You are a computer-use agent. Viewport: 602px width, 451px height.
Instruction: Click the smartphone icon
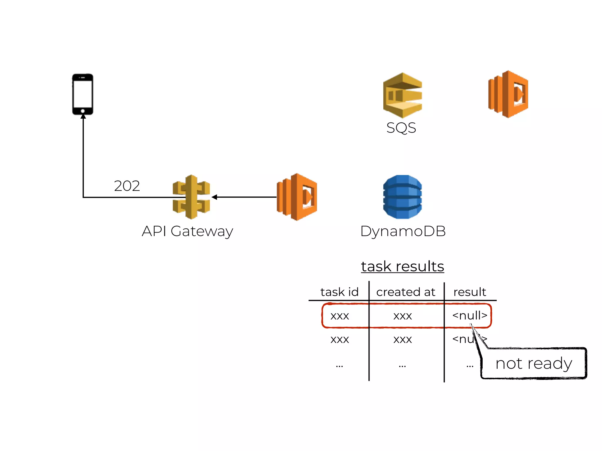(83, 94)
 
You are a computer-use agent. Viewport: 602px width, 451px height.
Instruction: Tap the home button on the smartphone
(83, 111)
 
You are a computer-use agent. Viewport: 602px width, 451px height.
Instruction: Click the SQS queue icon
(402, 95)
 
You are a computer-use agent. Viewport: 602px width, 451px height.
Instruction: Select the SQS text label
(401, 128)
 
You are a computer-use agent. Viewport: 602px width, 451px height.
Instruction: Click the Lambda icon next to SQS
(508, 94)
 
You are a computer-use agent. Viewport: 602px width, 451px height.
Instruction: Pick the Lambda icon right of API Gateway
(297, 197)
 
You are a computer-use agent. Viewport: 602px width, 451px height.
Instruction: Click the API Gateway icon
(191, 197)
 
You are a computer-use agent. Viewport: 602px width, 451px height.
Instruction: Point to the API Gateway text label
(187, 231)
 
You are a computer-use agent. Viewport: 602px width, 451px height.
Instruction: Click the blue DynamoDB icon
(402, 197)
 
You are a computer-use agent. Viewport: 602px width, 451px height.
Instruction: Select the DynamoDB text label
(403, 231)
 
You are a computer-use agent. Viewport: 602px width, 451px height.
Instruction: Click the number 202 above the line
(127, 186)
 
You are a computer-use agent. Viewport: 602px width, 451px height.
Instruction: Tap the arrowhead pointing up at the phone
(83, 117)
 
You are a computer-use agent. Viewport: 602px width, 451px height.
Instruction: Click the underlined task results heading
(402, 267)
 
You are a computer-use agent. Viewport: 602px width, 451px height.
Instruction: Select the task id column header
(340, 292)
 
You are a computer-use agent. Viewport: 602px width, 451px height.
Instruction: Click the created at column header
(406, 292)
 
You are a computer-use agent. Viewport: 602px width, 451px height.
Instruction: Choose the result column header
(469, 292)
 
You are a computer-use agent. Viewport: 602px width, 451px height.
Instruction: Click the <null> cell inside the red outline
(469, 316)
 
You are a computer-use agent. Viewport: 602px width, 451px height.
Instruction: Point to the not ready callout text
(534, 364)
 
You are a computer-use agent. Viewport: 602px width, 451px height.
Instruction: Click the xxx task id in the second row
(340, 340)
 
